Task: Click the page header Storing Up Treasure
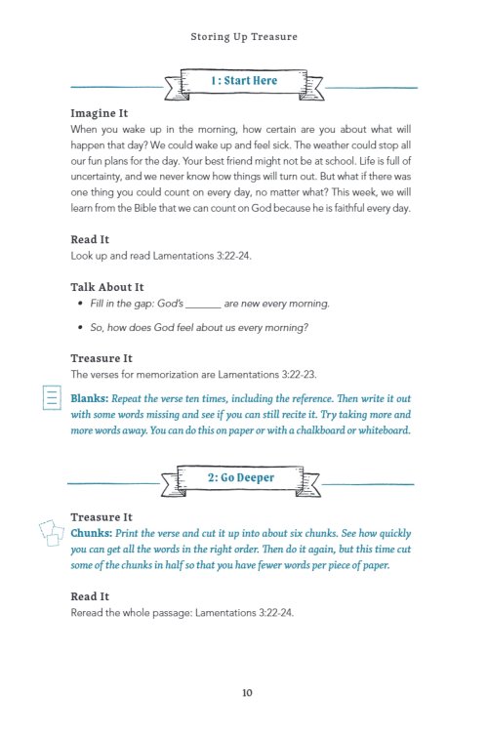(244, 38)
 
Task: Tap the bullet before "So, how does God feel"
(79, 329)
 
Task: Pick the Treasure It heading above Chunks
(102, 517)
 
